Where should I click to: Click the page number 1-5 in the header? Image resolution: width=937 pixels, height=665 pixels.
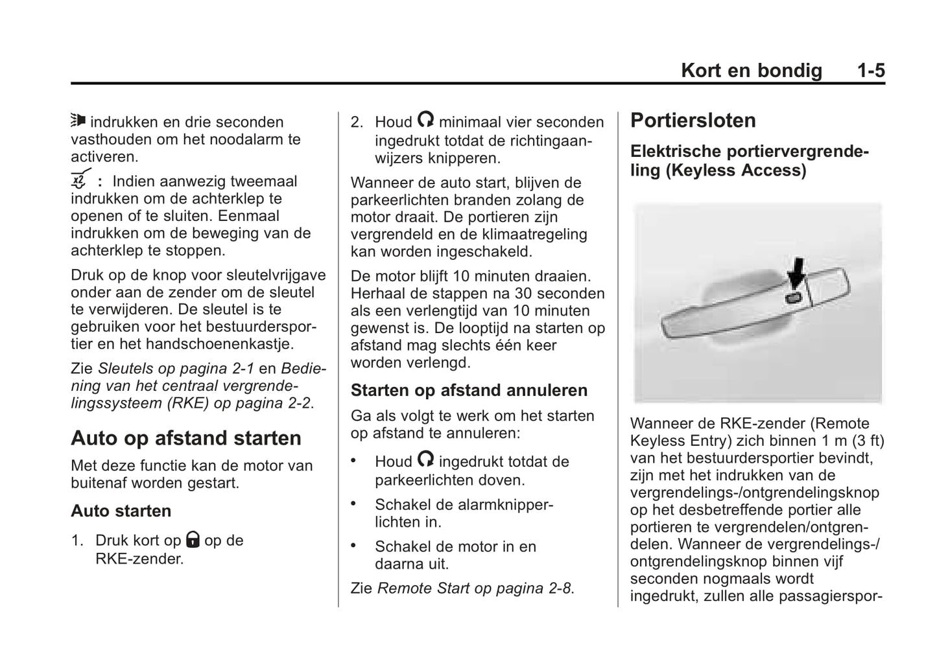[x=870, y=71]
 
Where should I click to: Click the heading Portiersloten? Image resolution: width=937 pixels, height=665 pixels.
[x=693, y=121]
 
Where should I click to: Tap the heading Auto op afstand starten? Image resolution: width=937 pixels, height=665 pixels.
[x=185, y=438]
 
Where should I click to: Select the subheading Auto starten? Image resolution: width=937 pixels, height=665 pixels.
[x=121, y=511]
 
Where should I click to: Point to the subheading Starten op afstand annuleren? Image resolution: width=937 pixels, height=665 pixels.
[x=469, y=390]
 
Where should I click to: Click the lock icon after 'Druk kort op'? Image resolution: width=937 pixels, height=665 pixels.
[x=193, y=539]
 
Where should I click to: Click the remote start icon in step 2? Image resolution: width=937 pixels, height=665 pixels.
[x=425, y=120]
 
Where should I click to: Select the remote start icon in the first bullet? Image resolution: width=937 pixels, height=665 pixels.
[x=425, y=460]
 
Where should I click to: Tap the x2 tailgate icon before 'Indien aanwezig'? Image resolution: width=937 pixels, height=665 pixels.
[x=79, y=180]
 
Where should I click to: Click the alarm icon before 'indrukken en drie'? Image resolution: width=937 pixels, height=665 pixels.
[x=78, y=121]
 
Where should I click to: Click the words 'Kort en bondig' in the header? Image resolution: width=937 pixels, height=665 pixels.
[x=751, y=71]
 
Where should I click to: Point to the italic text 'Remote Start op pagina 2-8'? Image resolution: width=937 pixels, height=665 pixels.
[x=475, y=589]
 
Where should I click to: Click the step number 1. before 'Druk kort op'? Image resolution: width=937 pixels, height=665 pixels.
[x=77, y=541]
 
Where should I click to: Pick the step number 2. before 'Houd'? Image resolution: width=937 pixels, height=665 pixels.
[x=357, y=122]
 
